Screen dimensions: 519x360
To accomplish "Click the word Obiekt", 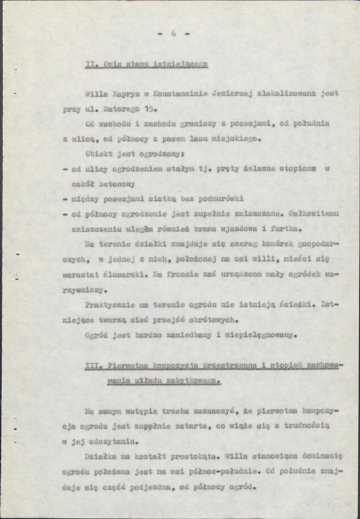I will [x=98, y=154].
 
